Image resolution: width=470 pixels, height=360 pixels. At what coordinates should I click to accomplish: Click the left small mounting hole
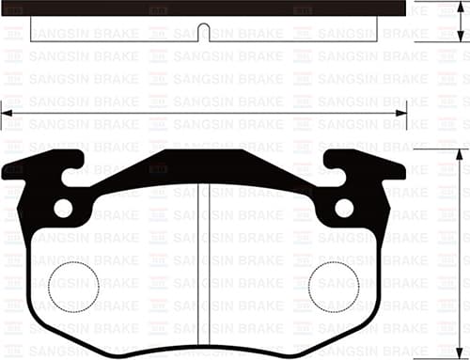[x=63, y=208]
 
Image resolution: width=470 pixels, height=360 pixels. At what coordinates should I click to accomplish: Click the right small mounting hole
[x=344, y=208]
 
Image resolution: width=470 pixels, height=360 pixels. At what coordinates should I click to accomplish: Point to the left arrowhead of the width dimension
[x=6, y=115]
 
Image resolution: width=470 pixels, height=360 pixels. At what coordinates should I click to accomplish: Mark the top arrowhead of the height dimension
[x=460, y=153]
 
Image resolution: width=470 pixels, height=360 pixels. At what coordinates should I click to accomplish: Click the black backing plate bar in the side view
[x=113, y=8]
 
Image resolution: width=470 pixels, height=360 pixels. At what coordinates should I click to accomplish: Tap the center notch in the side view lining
[x=203, y=21]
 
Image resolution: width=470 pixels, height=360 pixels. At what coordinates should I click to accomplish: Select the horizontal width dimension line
[x=203, y=115]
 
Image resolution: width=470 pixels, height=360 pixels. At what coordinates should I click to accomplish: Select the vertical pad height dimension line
[x=460, y=254]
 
